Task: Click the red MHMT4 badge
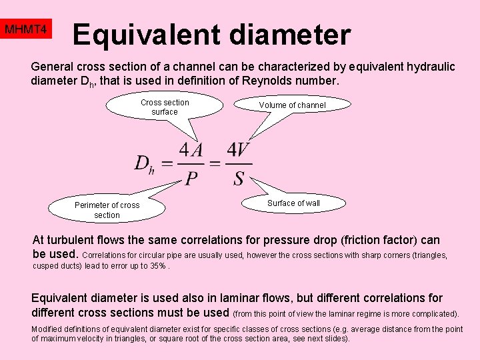click(26, 30)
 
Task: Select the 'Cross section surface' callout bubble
click(165, 107)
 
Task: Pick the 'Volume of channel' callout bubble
click(292, 105)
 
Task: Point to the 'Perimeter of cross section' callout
click(107, 210)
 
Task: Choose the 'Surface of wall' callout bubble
click(293, 203)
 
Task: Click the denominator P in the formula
click(191, 178)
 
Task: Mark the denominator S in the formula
click(239, 178)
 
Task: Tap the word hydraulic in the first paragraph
click(431, 67)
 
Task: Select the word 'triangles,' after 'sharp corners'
click(428, 255)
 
